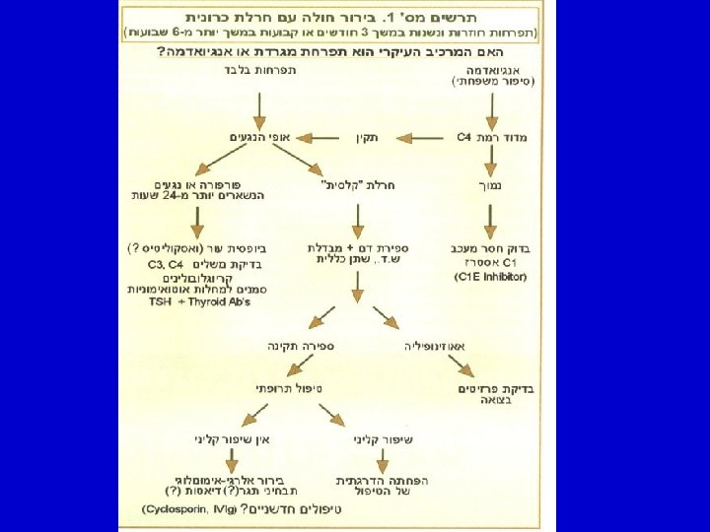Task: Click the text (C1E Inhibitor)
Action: pos(491,277)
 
